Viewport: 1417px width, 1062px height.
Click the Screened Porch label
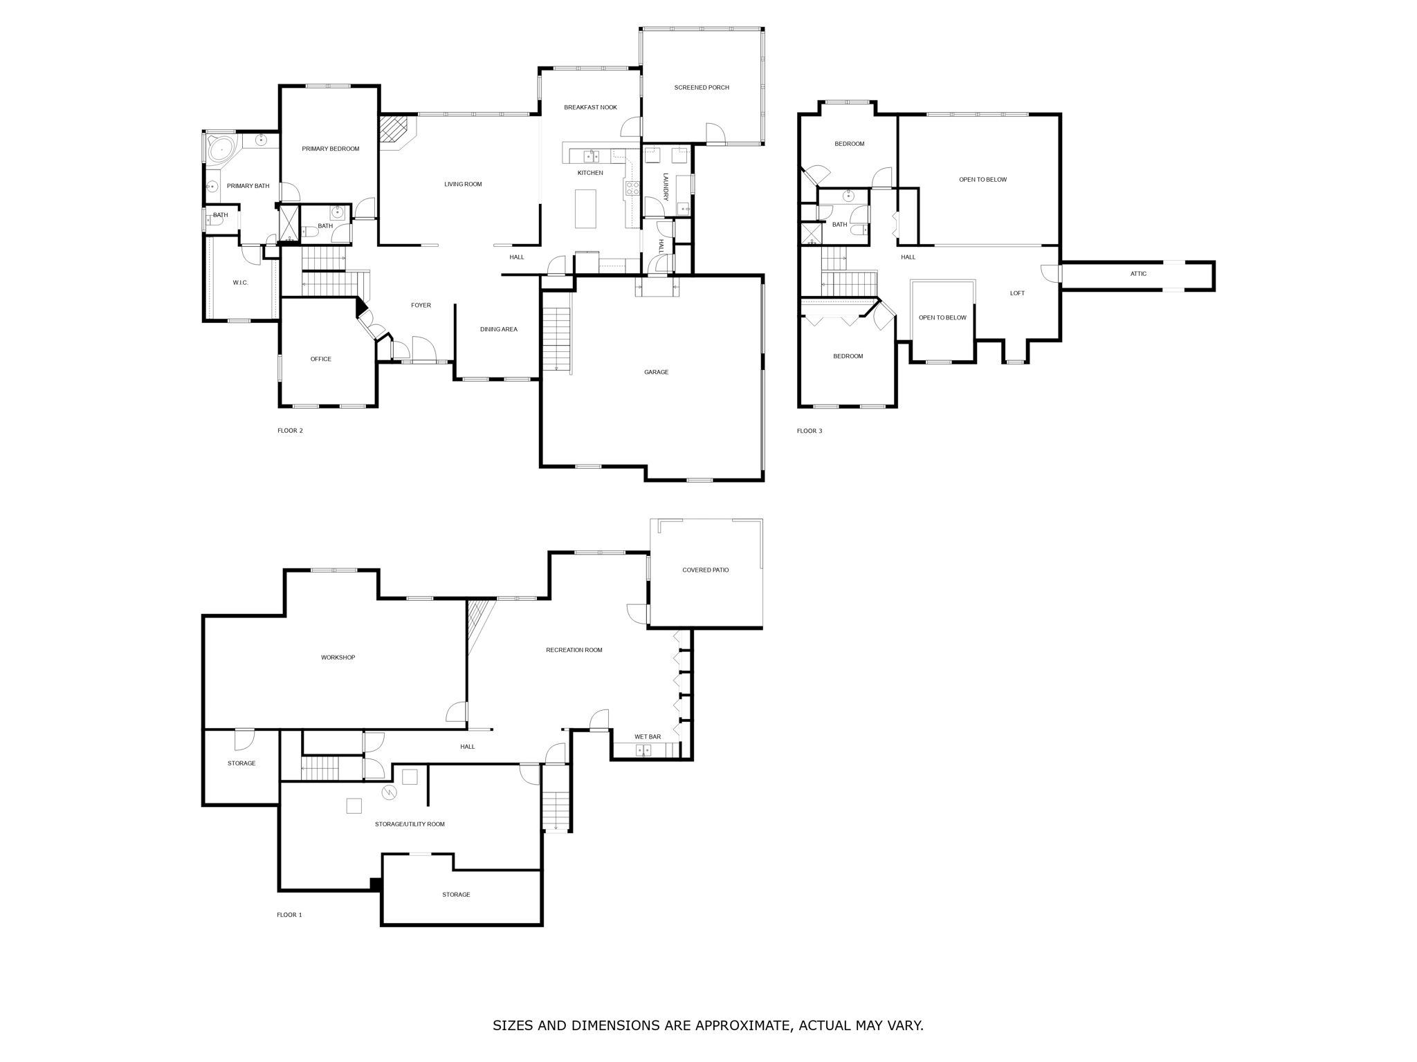(x=701, y=88)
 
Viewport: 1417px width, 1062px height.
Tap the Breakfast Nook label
(x=590, y=107)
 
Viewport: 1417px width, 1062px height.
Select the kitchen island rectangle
(x=585, y=209)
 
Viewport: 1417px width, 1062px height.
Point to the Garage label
(x=656, y=372)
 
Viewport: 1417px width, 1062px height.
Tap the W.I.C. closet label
(x=240, y=283)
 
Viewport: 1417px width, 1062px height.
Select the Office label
(x=320, y=359)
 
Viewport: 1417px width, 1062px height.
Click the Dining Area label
(x=498, y=329)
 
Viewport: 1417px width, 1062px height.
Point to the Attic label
(x=1138, y=274)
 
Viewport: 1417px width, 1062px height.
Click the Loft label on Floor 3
(x=1016, y=293)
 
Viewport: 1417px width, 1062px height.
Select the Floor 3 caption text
(x=809, y=431)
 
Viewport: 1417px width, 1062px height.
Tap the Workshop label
(x=338, y=658)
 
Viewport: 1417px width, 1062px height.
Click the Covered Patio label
(x=705, y=570)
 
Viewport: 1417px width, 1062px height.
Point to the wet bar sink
(x=643, y=750)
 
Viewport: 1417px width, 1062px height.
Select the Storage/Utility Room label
(x=410, y=824)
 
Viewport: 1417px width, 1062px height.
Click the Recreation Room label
(x=574, y=650)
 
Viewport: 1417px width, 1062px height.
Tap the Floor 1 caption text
(x=289, y=915)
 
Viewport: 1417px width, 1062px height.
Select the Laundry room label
(x=666, y=187)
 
